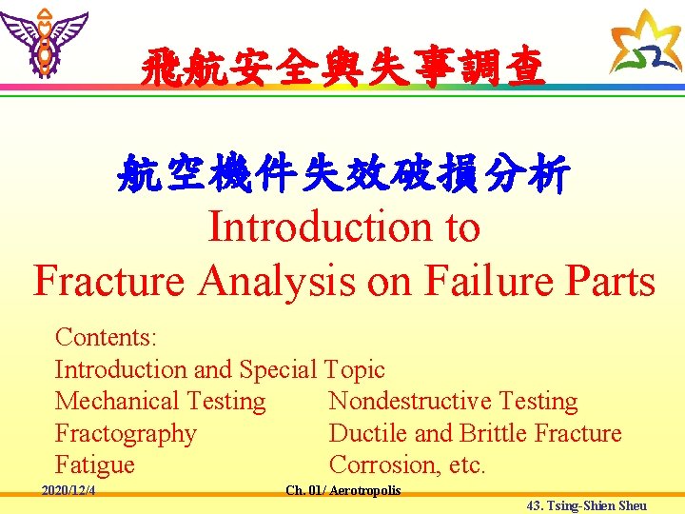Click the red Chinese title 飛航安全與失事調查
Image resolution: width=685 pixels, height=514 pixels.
click(x=342, y=69)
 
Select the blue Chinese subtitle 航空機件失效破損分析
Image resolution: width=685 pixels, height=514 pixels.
click(x=342, y=174)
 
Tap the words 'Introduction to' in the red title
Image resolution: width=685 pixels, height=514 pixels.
click(x=343, y=227)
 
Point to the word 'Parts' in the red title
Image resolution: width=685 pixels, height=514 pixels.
click(x=609, y=282)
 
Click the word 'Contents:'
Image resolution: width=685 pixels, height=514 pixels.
click(x=107, y=338)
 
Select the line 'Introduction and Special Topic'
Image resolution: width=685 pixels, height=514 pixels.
click(x=220, y=369)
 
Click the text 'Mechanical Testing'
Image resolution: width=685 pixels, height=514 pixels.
click(x=160, y=402)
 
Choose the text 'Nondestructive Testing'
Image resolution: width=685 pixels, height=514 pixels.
click(x=453, y=402)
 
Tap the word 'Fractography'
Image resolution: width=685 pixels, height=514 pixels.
click(x=126, y=434)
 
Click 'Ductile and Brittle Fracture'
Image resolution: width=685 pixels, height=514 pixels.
click(x=475, y=434)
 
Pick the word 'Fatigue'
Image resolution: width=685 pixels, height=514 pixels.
click(x=95, y=465)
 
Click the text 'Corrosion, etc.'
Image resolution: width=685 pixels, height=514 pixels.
click(x=407, y=465)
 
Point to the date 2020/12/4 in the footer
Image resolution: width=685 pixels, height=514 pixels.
click(x=74, y=491)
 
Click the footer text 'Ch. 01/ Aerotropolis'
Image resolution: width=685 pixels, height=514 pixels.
click(x=343, y=491)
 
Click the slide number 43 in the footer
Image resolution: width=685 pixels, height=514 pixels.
click(x=534, y=505)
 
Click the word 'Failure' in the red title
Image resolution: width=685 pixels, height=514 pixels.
click(x=482, y=282)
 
